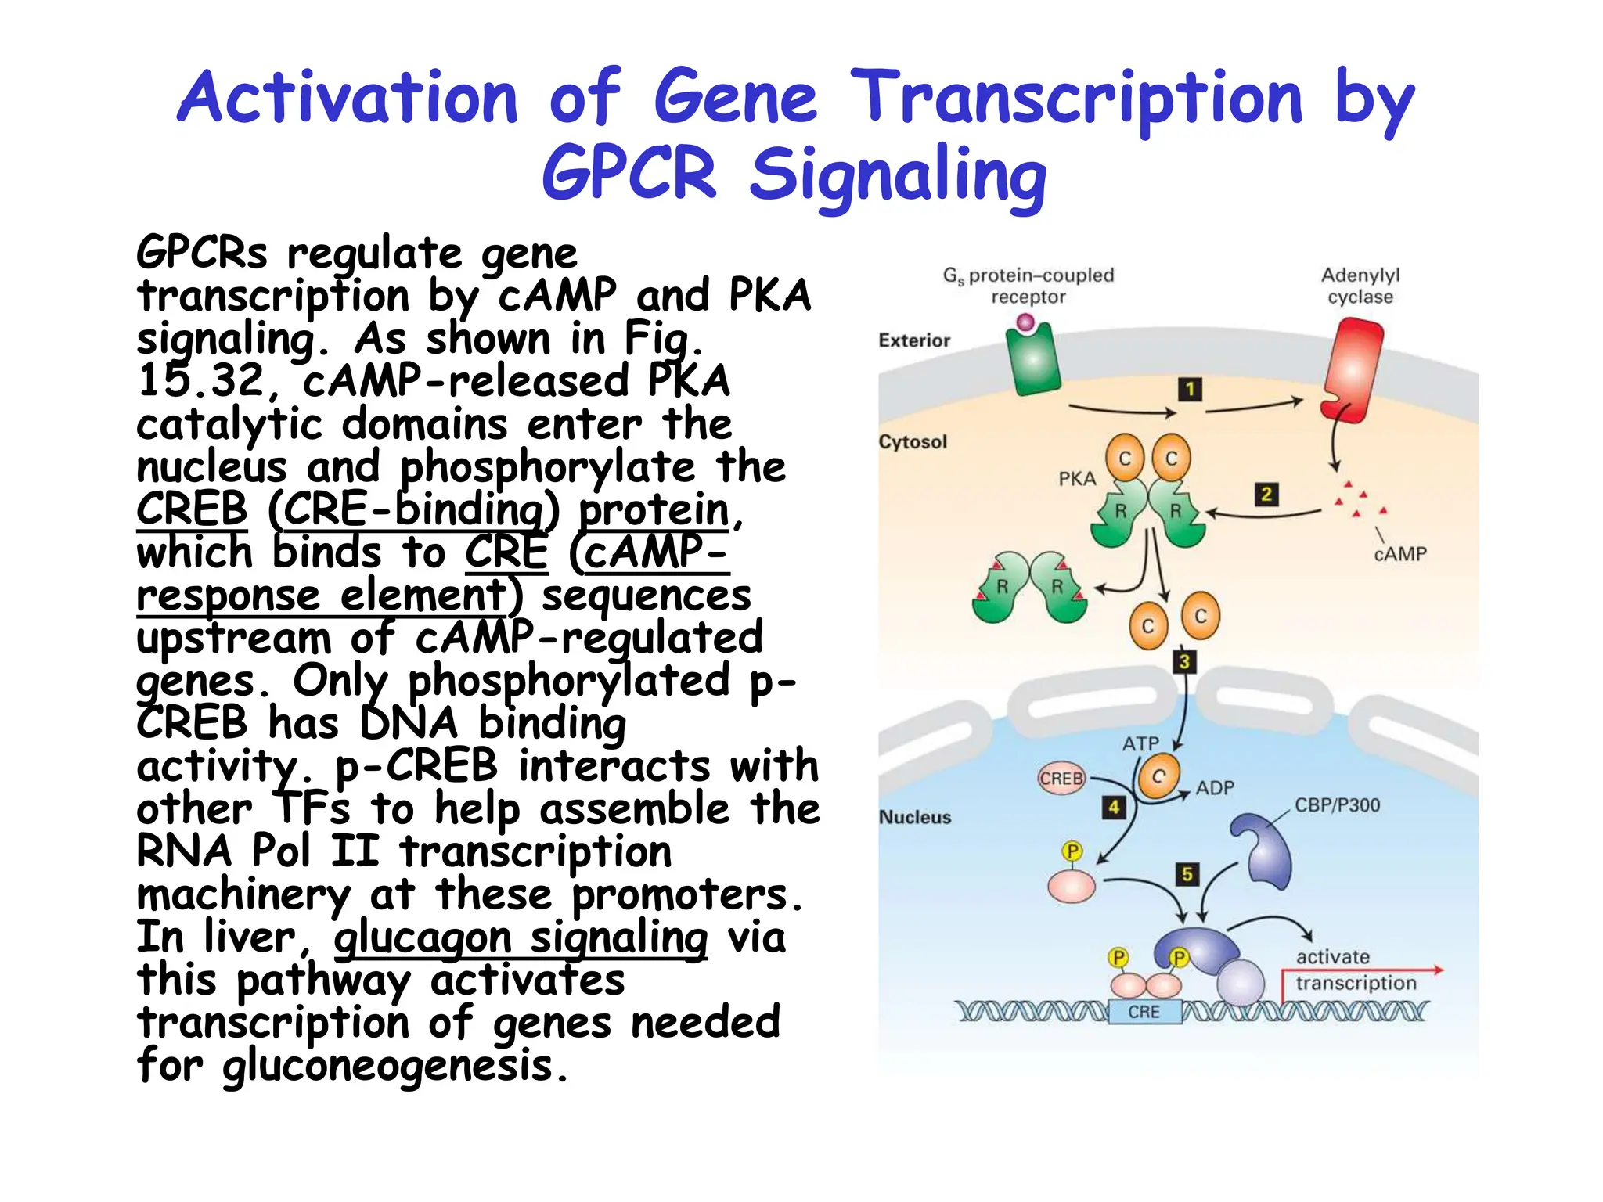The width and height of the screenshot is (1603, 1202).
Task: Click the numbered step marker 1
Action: [x=1190, y=389]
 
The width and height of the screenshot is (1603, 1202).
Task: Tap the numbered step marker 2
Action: [x=1266, y=494]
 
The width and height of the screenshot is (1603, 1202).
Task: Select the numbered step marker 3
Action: [x=1184, y=661]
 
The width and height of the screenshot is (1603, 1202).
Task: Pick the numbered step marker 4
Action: [x=1113, y=807]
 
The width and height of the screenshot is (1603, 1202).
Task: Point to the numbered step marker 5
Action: [x=1187, y=873]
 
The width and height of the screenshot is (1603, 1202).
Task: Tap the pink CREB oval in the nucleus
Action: [x=1061, y=778]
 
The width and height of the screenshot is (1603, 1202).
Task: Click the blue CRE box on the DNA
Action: [x=1144, y=1012]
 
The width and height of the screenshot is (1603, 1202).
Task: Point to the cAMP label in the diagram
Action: [x=1400, y=554]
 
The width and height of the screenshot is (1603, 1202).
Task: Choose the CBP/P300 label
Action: [x=1337, y=805]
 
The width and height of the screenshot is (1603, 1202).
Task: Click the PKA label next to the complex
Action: [x=1077, y=479]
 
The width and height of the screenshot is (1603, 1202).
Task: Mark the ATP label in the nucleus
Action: [x=1140, y=743]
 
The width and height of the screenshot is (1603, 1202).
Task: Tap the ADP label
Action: [x=1215, y=788]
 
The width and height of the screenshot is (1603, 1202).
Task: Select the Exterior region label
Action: [x=914, y=340]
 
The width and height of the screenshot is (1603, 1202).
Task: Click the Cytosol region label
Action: [x=913, y=441]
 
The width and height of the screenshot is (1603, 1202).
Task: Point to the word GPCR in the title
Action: [x=629, y=174]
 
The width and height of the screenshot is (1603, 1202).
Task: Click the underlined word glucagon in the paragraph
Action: [x=423, y=937]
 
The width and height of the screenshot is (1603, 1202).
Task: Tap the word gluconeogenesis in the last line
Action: [x=387, y=1066]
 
